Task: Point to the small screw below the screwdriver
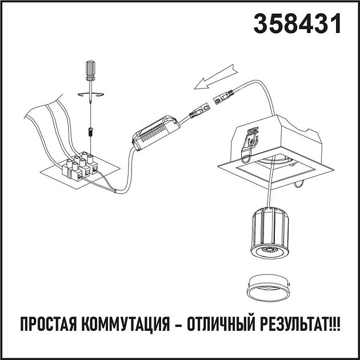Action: (90, 132)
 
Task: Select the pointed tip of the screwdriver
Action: (90, 117)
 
